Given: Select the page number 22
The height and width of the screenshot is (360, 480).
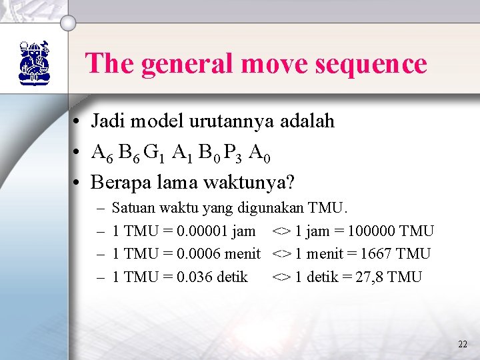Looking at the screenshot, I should coord(463,344).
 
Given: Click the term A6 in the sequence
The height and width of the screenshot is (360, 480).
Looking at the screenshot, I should coord(103,153).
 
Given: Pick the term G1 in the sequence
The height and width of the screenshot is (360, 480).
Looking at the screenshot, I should coord(154,153).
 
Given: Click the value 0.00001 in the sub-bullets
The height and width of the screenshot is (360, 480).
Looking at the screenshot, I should coord(198,231).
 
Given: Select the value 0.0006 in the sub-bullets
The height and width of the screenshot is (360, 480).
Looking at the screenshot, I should coord(194,254).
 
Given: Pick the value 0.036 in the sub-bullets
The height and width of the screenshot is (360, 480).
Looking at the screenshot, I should coord(190,277).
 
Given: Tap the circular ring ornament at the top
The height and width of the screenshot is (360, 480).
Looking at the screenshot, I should coord(69,22).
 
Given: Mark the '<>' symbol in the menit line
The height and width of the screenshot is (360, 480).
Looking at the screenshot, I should coord(281,254).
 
